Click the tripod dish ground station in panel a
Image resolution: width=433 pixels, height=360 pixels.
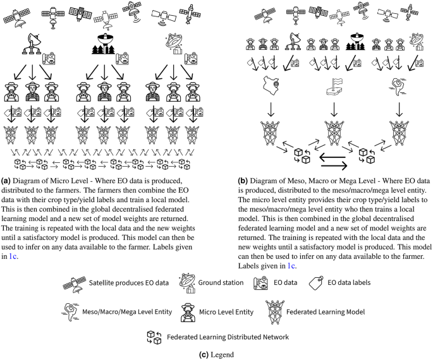[x=32, y=42]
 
